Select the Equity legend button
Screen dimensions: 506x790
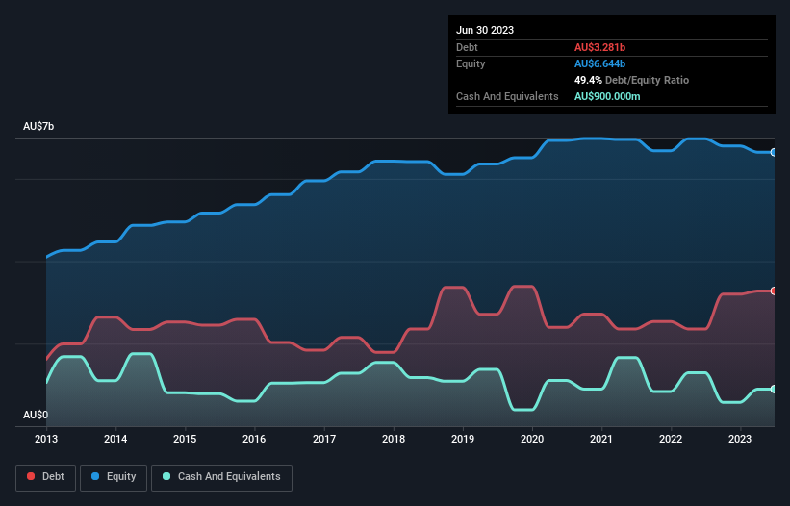click(114, 477)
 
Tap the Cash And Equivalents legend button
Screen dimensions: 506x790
click(221, 477)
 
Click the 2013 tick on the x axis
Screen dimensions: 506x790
click(46, 439)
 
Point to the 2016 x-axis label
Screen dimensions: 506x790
click(254, 439)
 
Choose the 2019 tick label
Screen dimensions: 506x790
click(463, 439)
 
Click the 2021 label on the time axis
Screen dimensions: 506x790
click(601, 439)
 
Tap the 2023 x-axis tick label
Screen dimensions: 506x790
click(740, 439)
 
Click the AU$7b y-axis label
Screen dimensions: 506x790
click(39, 127)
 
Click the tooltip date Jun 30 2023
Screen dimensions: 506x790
click(485, 30)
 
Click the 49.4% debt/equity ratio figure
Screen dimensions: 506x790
click(590, 80)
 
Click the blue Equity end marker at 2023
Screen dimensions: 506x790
click(773, 152)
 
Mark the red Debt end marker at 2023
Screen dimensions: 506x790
click(773, 291)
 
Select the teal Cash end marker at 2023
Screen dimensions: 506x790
click(773, 389)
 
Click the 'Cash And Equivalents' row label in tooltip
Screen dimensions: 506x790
click(507, 96)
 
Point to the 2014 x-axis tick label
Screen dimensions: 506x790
click(115, 439)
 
